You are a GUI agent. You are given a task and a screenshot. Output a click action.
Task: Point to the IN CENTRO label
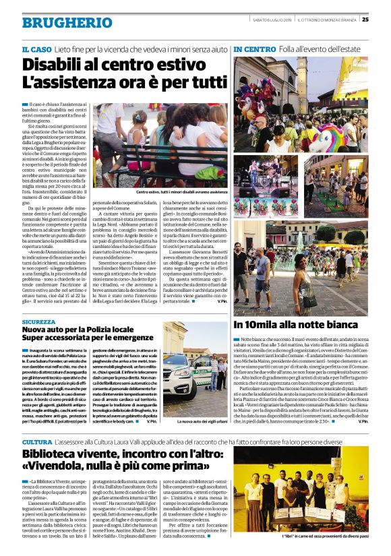255,50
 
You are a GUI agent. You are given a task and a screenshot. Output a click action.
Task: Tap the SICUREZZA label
38,323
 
